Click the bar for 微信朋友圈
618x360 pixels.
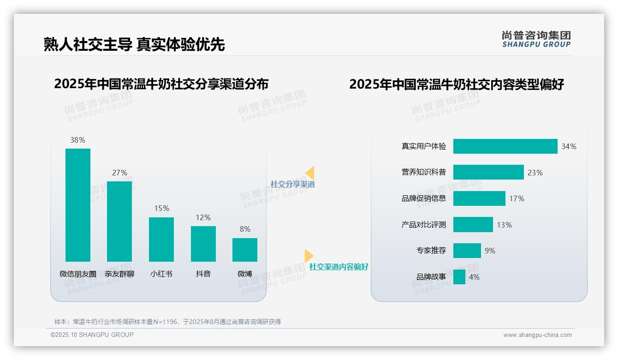78,205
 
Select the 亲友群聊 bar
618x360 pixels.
119,222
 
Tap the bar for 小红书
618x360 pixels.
161,239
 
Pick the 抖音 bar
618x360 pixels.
203,244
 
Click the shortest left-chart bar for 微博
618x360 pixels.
245,250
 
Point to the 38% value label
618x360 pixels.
78,140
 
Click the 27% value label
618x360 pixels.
119,173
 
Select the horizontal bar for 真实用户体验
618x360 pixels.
505,146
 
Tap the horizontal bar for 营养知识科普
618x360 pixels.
488,172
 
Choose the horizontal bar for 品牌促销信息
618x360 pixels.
479,198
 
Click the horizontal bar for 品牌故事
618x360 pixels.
459,277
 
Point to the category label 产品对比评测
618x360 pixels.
424,225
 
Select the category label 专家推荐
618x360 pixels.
431,251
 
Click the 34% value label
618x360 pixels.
569,146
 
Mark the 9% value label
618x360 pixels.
490,251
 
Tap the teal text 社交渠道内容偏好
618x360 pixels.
339,267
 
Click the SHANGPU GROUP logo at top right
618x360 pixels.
536,39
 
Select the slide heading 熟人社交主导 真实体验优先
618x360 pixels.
134,44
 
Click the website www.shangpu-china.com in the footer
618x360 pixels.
537,335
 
